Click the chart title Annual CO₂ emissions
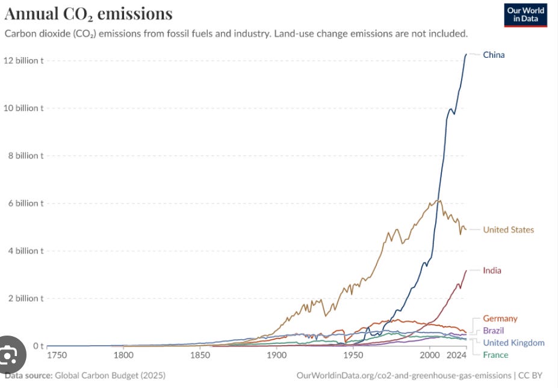(88, 14)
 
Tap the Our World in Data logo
(525, 14)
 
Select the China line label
(494, 55)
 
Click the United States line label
(508, 230)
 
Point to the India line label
(492, 271)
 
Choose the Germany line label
(500, 319)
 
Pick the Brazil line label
(493, 331)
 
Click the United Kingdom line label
(513, 343)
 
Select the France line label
(495, 355)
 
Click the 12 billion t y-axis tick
(24, 60)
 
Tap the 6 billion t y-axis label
(26, 203)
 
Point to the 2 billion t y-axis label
(26, 298)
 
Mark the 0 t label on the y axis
(37, 346)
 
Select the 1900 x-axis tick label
(276, 355)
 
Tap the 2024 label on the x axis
(457, 355)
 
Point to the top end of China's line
(466, 54)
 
